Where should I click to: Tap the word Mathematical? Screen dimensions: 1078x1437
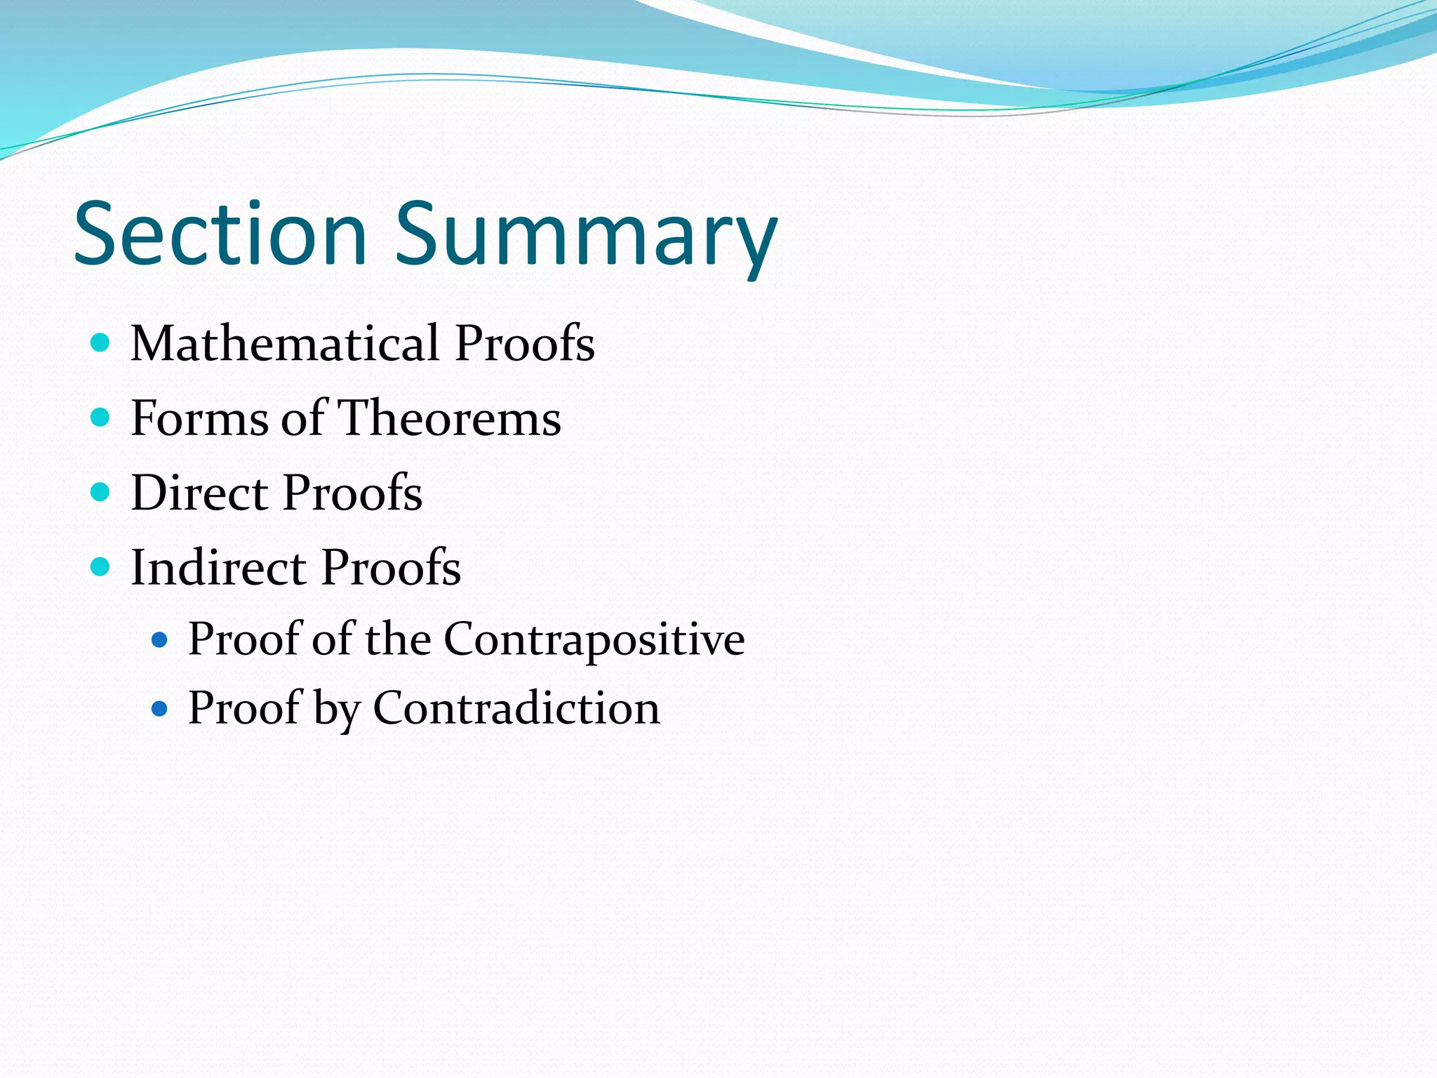tap(285, 343)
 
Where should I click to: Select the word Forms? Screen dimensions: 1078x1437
tap(200, 418)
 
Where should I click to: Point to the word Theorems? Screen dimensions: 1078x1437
tap(450, 418)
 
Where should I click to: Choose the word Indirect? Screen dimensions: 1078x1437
tap(218, 567)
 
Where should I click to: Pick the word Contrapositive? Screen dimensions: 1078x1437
tap(594, 639)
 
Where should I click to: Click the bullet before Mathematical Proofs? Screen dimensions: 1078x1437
tap(101, 343)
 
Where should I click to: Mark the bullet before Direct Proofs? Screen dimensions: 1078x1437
tap(101, 492)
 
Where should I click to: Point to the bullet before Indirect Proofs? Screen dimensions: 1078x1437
tap(101, 566)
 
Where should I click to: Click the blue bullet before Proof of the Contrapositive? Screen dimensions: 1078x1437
tap(160, 640)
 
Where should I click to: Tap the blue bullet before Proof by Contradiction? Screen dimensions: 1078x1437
tap(160, 709)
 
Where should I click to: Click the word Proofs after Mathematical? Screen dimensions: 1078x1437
tap(525, 343)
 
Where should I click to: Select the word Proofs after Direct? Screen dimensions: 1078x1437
tap(353, 493)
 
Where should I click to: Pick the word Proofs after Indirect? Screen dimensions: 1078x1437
tap(391, 567)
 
